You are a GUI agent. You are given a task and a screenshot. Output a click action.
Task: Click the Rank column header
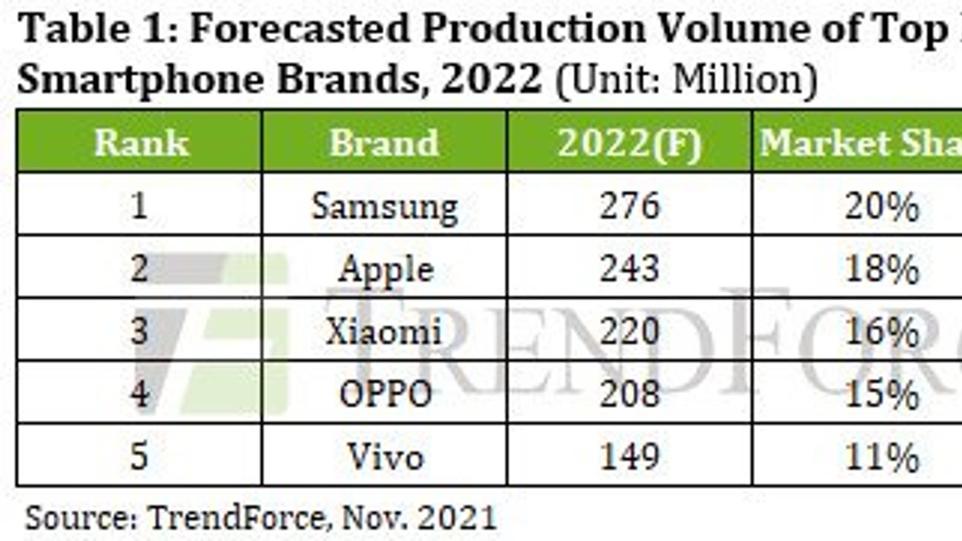[141, 143]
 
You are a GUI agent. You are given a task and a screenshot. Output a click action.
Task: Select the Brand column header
[384, 143]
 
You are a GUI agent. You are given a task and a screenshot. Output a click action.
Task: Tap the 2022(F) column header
[630, 143]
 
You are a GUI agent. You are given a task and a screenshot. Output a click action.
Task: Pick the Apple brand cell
[385, 269]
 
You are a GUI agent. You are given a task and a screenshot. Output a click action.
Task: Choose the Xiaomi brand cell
[384, 331]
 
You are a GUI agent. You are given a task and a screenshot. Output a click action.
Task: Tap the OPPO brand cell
[385, 394]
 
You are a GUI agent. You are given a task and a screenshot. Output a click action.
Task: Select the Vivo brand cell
[385, 456]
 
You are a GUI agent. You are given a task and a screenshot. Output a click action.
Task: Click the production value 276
[630, 206]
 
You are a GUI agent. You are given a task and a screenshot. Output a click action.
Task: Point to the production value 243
[630, 268]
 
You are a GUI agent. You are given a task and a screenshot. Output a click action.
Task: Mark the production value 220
[630, 331]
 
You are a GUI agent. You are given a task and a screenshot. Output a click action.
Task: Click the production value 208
[630, 394]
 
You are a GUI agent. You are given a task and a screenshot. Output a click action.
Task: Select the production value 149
[630, 456]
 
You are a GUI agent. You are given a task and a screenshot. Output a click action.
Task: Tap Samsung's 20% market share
[882, 207]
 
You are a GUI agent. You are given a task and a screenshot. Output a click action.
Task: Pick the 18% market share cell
[882, 269]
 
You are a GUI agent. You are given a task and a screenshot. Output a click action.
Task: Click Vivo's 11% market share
[882, 457]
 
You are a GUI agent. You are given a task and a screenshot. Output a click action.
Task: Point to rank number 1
[139, 206]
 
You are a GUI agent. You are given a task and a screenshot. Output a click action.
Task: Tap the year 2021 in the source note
[457, 517]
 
